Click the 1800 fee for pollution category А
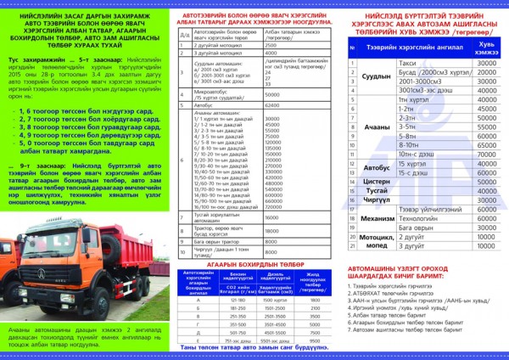pyautogui.click(x=314, y=300)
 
